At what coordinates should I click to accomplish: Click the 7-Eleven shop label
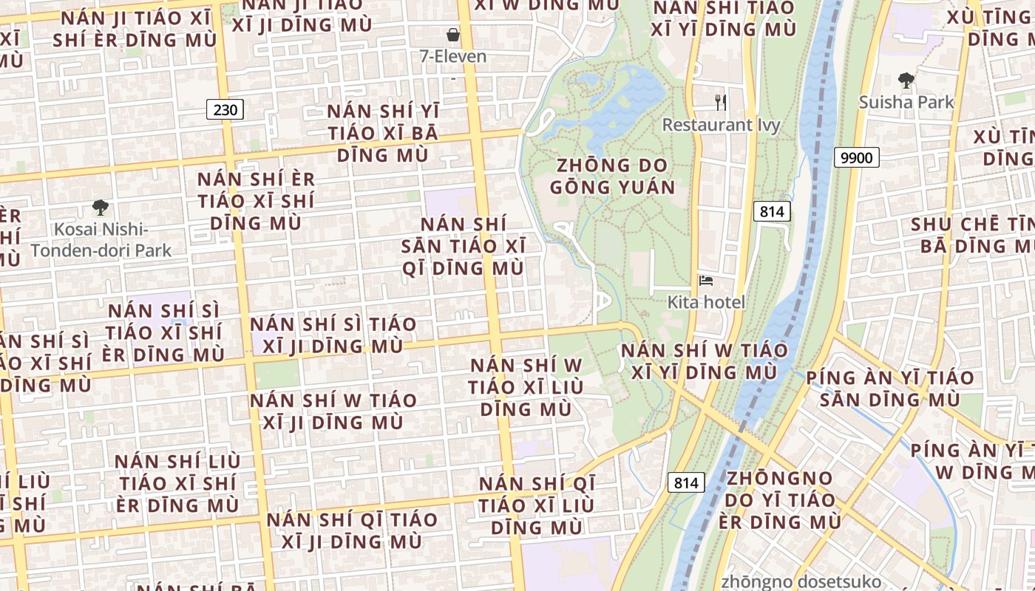pyautogui.click(x=452, y=56)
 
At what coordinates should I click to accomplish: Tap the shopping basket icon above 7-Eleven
pyautogui.click(x=452, y=35)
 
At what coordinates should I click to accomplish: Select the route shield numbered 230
pyautogui.click(x=225, y=110)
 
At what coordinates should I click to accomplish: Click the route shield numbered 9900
pyautogui.click(x=857, y=157)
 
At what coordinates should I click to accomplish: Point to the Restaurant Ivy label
pyautogui.click(x=721, y=124)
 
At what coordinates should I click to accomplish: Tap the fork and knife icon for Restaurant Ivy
pyautogui.click(x=721, y=102)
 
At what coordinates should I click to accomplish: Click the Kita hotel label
pyautogui.click(x=706, y=302)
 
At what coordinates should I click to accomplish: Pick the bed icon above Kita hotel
pyautogui.click(x=706, y=281)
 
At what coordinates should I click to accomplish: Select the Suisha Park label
pyautogui.click(x=906, y=102)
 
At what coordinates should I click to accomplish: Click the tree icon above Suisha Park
pyautogui.click(x=906, y=80)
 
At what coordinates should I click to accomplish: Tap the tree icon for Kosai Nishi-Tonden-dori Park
pyautogui.click(x=101, y=208)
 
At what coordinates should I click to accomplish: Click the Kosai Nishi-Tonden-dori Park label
pyautogui.click(x=101, y=240)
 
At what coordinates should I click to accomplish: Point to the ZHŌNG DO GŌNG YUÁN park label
pyautogui.click(x=612, y=176)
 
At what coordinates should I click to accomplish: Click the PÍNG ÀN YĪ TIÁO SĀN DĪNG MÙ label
pyautogui.click(x=890, y=389)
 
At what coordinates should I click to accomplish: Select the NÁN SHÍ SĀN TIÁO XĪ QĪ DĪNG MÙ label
pyautogui.click(x=464, y=246)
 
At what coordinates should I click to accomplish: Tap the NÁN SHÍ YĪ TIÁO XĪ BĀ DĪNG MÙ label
pyautogui.click(x=383, y=134)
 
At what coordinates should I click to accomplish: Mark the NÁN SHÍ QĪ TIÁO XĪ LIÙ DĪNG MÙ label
pyautogui.click(x=537, y=506)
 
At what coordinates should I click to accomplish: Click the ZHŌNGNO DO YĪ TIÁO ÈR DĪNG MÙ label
pyautogui.click(x=779, y=500)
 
